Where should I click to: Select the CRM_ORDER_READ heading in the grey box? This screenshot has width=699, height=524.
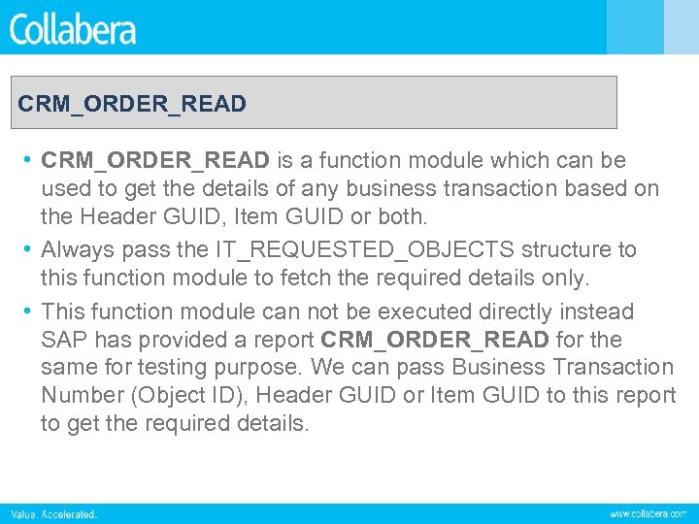pos(132,103)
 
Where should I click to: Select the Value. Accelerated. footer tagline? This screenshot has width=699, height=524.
pos(54,513)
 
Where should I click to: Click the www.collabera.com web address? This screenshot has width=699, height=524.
pos(648,513)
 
